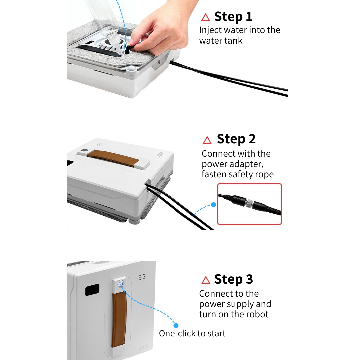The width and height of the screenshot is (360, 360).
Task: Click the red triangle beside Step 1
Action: [x=205, y=17]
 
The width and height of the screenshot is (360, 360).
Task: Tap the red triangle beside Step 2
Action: [x=207, y=140]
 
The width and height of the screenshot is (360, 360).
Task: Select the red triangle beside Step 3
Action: [x=206, y=280]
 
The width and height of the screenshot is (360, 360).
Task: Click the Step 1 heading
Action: [x=233, y=17]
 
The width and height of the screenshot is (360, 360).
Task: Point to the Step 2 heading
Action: [x=236, y=139]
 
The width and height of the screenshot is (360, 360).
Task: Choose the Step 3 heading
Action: [x=233, y=280]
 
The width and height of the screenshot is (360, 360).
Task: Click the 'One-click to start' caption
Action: [x=192, y=333]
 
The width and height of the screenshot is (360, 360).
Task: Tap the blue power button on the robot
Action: [x=121, y=284]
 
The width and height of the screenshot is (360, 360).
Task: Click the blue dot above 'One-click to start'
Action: [x=176, y=325]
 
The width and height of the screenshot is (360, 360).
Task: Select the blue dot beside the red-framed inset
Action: [x=214, y=205]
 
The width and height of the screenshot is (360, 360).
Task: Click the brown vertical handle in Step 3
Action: [x=119, y=320]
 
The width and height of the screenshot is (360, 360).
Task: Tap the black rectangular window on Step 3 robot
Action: [x=92, y=290]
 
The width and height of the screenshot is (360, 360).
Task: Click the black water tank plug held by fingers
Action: [x=129, y=48]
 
